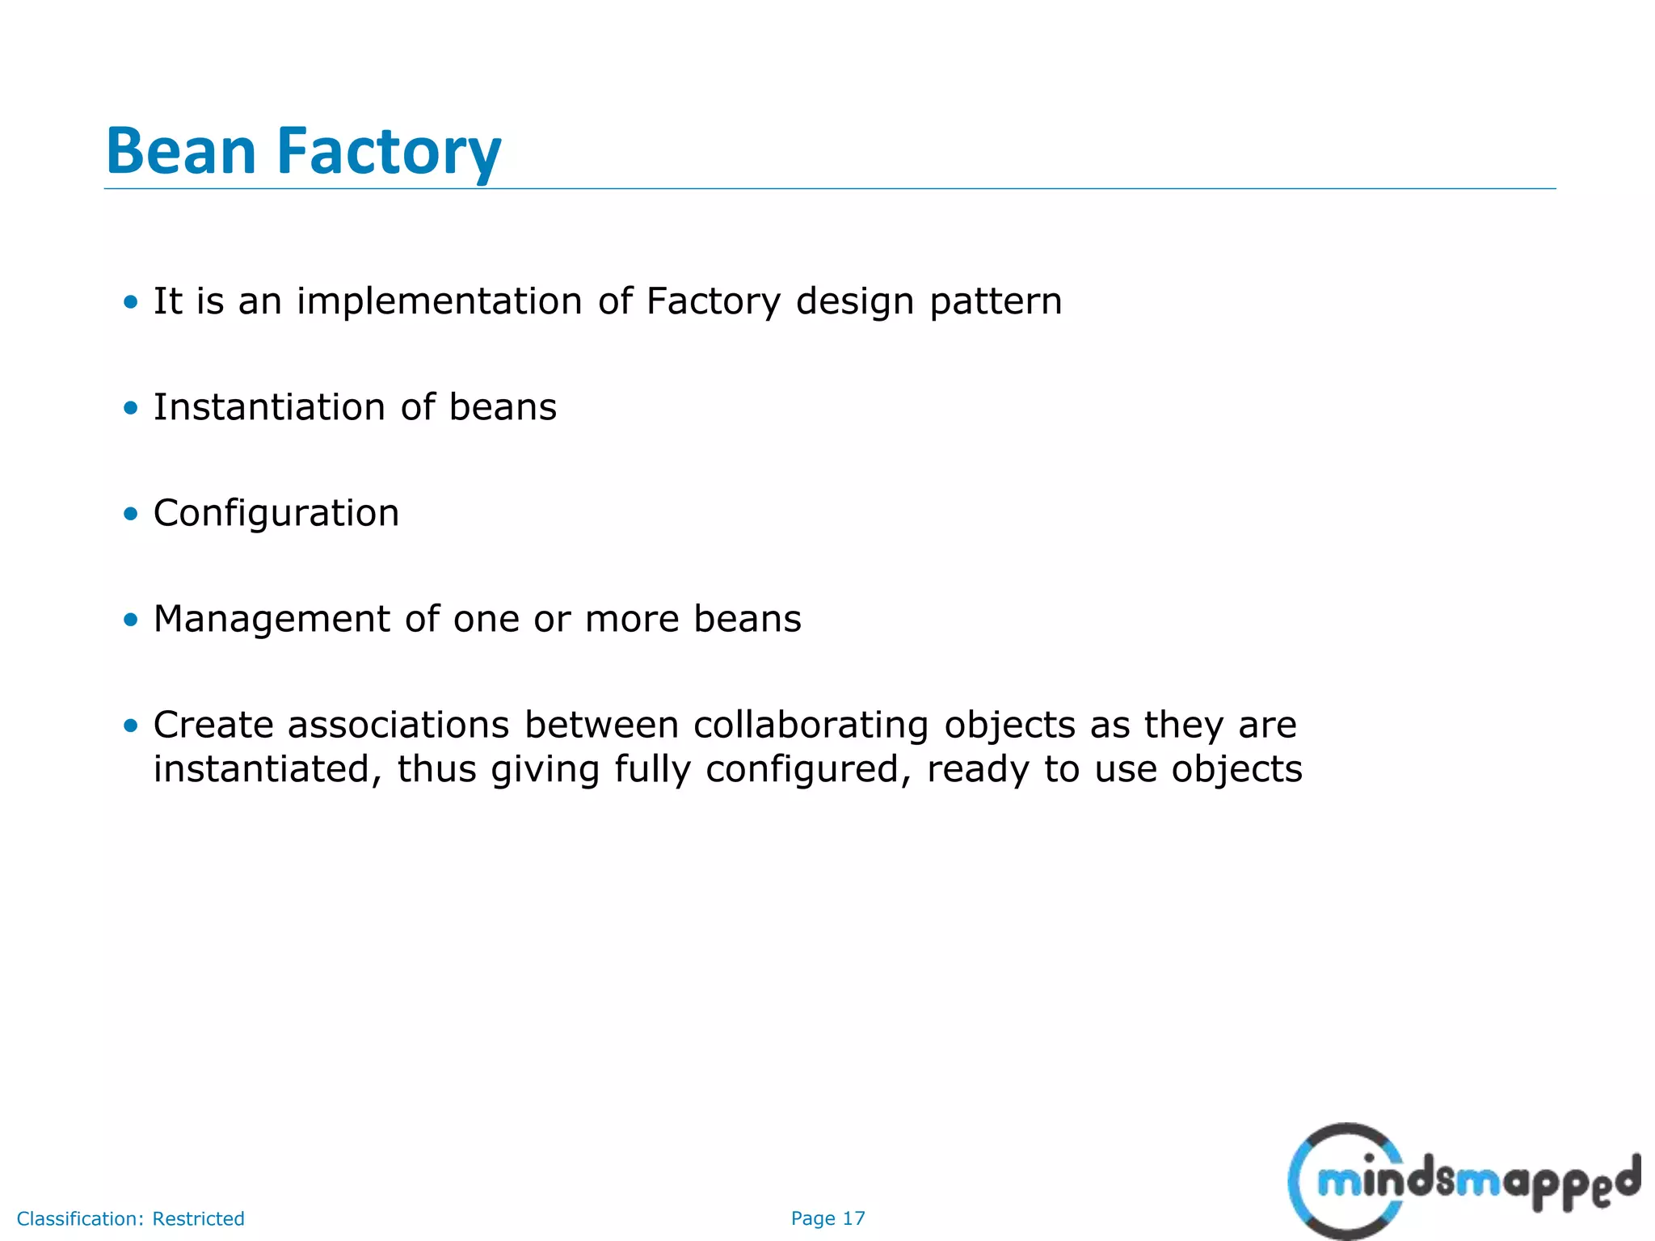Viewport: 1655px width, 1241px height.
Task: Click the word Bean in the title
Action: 181,151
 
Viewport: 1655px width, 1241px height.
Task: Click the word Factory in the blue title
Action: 389,151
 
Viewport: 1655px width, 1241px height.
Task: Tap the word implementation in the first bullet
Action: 439,301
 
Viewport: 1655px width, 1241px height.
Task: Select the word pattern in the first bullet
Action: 996,301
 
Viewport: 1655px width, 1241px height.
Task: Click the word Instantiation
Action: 270,407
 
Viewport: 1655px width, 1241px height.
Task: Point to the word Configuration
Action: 276,513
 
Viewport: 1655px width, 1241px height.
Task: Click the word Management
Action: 272,619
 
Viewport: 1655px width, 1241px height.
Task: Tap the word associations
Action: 398,725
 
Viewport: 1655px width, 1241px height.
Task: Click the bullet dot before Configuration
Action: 131,514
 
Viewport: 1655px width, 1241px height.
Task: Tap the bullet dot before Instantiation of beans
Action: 131,408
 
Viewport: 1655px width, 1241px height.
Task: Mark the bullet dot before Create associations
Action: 131,726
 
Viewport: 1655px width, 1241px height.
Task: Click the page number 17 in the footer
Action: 853,1218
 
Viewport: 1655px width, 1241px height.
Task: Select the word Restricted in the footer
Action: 198,1218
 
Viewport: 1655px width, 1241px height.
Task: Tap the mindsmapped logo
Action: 1463,1180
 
